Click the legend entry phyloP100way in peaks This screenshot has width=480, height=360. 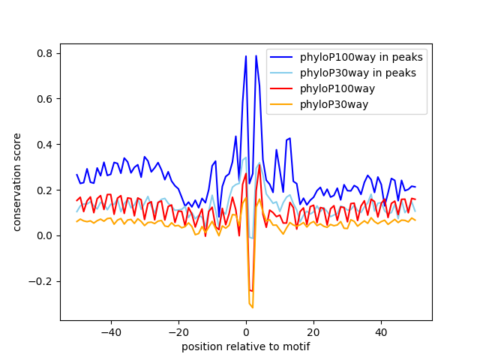pos(361,57)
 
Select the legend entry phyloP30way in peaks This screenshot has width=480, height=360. pos(358,73)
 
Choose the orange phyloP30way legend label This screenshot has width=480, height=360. pos(334,104)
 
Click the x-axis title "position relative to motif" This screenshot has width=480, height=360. pos(246,346)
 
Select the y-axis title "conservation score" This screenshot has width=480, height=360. pos(16,181)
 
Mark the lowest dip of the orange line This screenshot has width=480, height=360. pos(252,307)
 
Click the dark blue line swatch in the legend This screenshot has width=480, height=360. pos(283,57)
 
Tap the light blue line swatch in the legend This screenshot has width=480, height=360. pos(283,73)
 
